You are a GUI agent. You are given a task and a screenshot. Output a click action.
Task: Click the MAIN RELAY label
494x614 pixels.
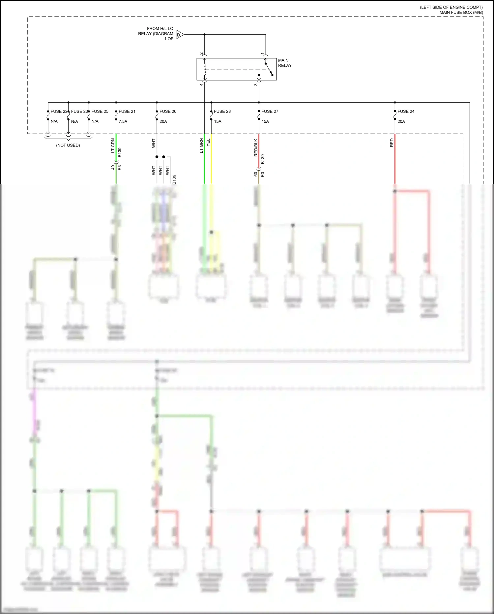point(285,63)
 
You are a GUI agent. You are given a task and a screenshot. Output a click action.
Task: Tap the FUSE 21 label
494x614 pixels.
point(127,112)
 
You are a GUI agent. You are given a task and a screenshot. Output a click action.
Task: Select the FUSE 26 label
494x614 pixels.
point(168,112)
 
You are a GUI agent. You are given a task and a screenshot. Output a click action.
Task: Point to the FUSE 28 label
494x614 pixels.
point(222,112)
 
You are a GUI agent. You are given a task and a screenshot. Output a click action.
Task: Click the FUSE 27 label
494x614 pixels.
point(270,112)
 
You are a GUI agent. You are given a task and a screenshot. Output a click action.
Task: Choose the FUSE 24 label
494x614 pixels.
point(406,112)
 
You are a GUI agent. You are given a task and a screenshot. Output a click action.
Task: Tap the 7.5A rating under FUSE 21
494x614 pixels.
point(123,121)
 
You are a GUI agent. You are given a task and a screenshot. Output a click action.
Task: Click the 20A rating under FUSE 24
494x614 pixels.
point(401,121)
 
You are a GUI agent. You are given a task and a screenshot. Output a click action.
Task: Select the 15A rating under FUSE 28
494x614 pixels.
point(218,121)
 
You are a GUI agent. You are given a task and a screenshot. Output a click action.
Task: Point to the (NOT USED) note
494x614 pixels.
point(68,145)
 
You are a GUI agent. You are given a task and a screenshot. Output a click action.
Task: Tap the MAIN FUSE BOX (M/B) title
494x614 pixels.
point(461,13)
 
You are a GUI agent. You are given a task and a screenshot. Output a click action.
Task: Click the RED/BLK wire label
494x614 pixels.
point(256,147)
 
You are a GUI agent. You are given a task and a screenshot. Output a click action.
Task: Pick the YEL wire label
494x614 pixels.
point(208,143)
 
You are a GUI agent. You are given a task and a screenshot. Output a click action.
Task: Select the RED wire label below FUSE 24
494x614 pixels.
point(392,143)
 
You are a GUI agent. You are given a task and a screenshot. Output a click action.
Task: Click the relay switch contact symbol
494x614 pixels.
point(269,69)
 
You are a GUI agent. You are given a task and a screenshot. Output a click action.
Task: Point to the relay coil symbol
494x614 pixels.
point(205,69)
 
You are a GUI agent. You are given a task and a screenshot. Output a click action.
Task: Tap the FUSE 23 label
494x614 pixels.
point(79,112)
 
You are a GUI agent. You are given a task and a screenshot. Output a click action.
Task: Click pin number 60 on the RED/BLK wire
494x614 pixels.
point(256,174)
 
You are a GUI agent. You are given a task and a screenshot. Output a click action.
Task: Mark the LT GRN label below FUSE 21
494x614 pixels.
point(113,145)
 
